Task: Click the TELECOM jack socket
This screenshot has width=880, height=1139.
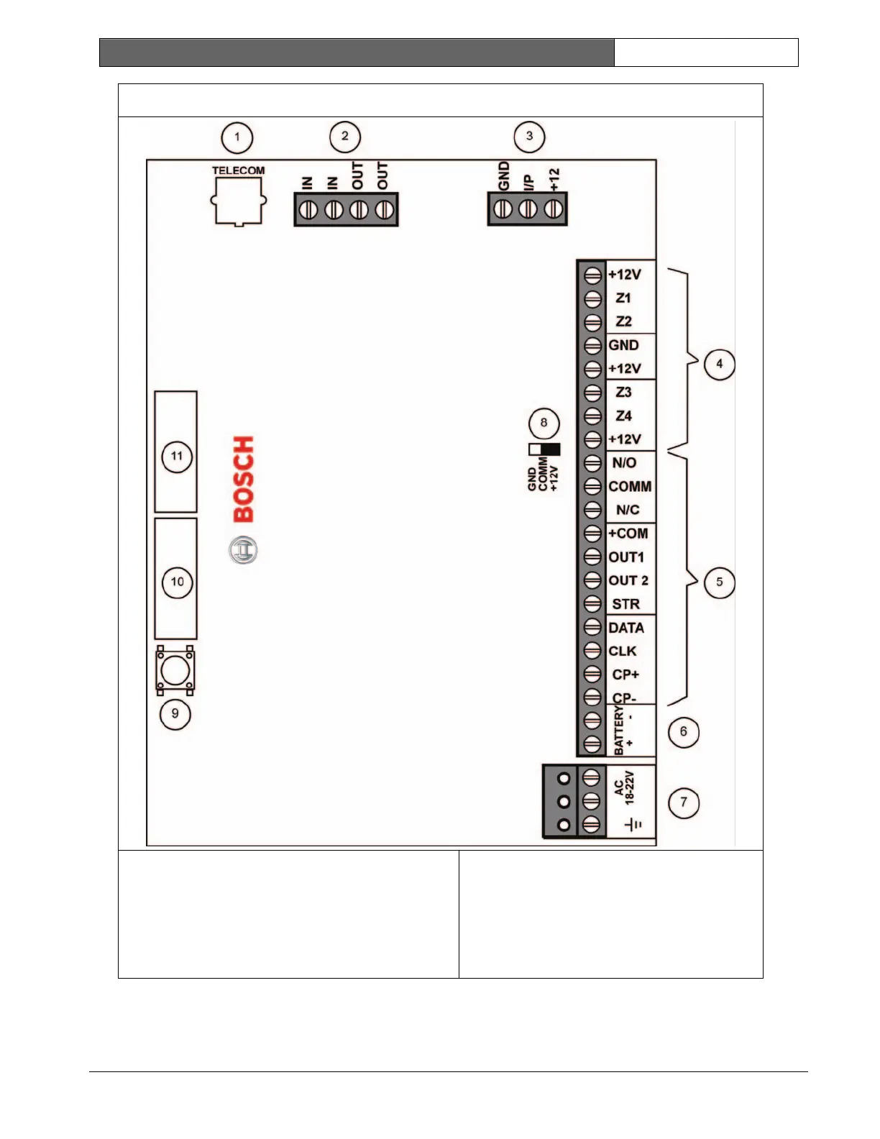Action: coord(238,201)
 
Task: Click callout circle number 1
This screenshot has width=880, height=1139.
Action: coord(237,137)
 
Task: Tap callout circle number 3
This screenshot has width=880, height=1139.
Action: coord(530,137)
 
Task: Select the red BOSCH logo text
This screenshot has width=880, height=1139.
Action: coord(244,479)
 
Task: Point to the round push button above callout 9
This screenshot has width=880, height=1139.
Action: coord(175,671)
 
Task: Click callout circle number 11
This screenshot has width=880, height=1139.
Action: coord(177,457)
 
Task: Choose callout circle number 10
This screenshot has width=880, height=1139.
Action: coord(178,582)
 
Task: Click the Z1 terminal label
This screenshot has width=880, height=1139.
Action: coord(623,298)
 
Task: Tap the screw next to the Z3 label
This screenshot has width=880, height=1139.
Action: coord(592,393)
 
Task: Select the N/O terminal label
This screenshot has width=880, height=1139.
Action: coord(624,463)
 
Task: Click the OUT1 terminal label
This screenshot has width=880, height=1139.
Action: coord(626,557)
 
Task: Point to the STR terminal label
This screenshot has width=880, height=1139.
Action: coord(625,604)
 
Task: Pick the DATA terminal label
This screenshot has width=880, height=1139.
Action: coord(626,628)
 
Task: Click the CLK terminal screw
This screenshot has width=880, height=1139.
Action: coord(592,651)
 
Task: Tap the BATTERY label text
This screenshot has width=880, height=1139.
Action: coord(619,731)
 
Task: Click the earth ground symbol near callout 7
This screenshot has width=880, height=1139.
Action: coord(633,825)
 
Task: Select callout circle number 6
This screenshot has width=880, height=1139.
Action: coord(683,732)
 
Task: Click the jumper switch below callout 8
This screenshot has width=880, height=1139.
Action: coord(544,449)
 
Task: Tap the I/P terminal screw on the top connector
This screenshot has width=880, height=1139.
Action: coord(528,209)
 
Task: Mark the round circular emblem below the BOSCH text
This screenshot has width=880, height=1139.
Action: coord(243,551)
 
